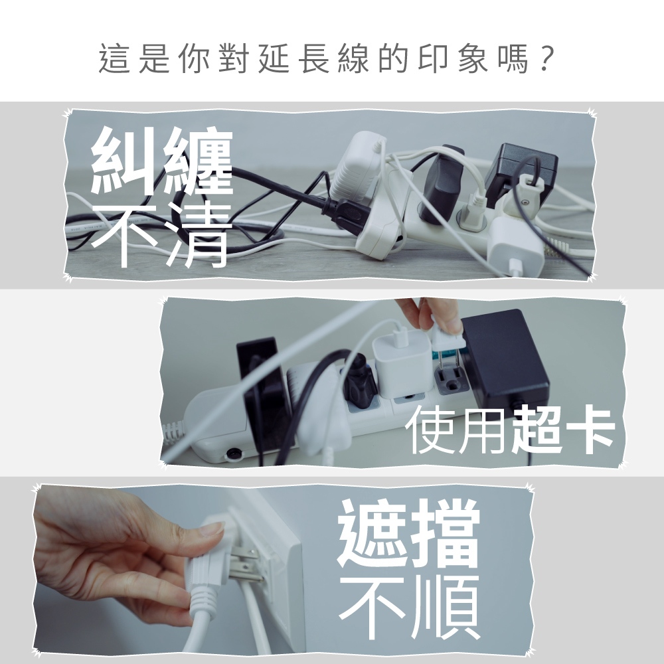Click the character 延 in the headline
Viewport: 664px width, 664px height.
pyautogui.click(x=274, y=58)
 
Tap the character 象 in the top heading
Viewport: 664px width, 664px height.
pyautogui.click(x=472, y=58)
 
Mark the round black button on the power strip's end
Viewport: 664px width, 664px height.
pyautogui.click(x=234, y=454)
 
